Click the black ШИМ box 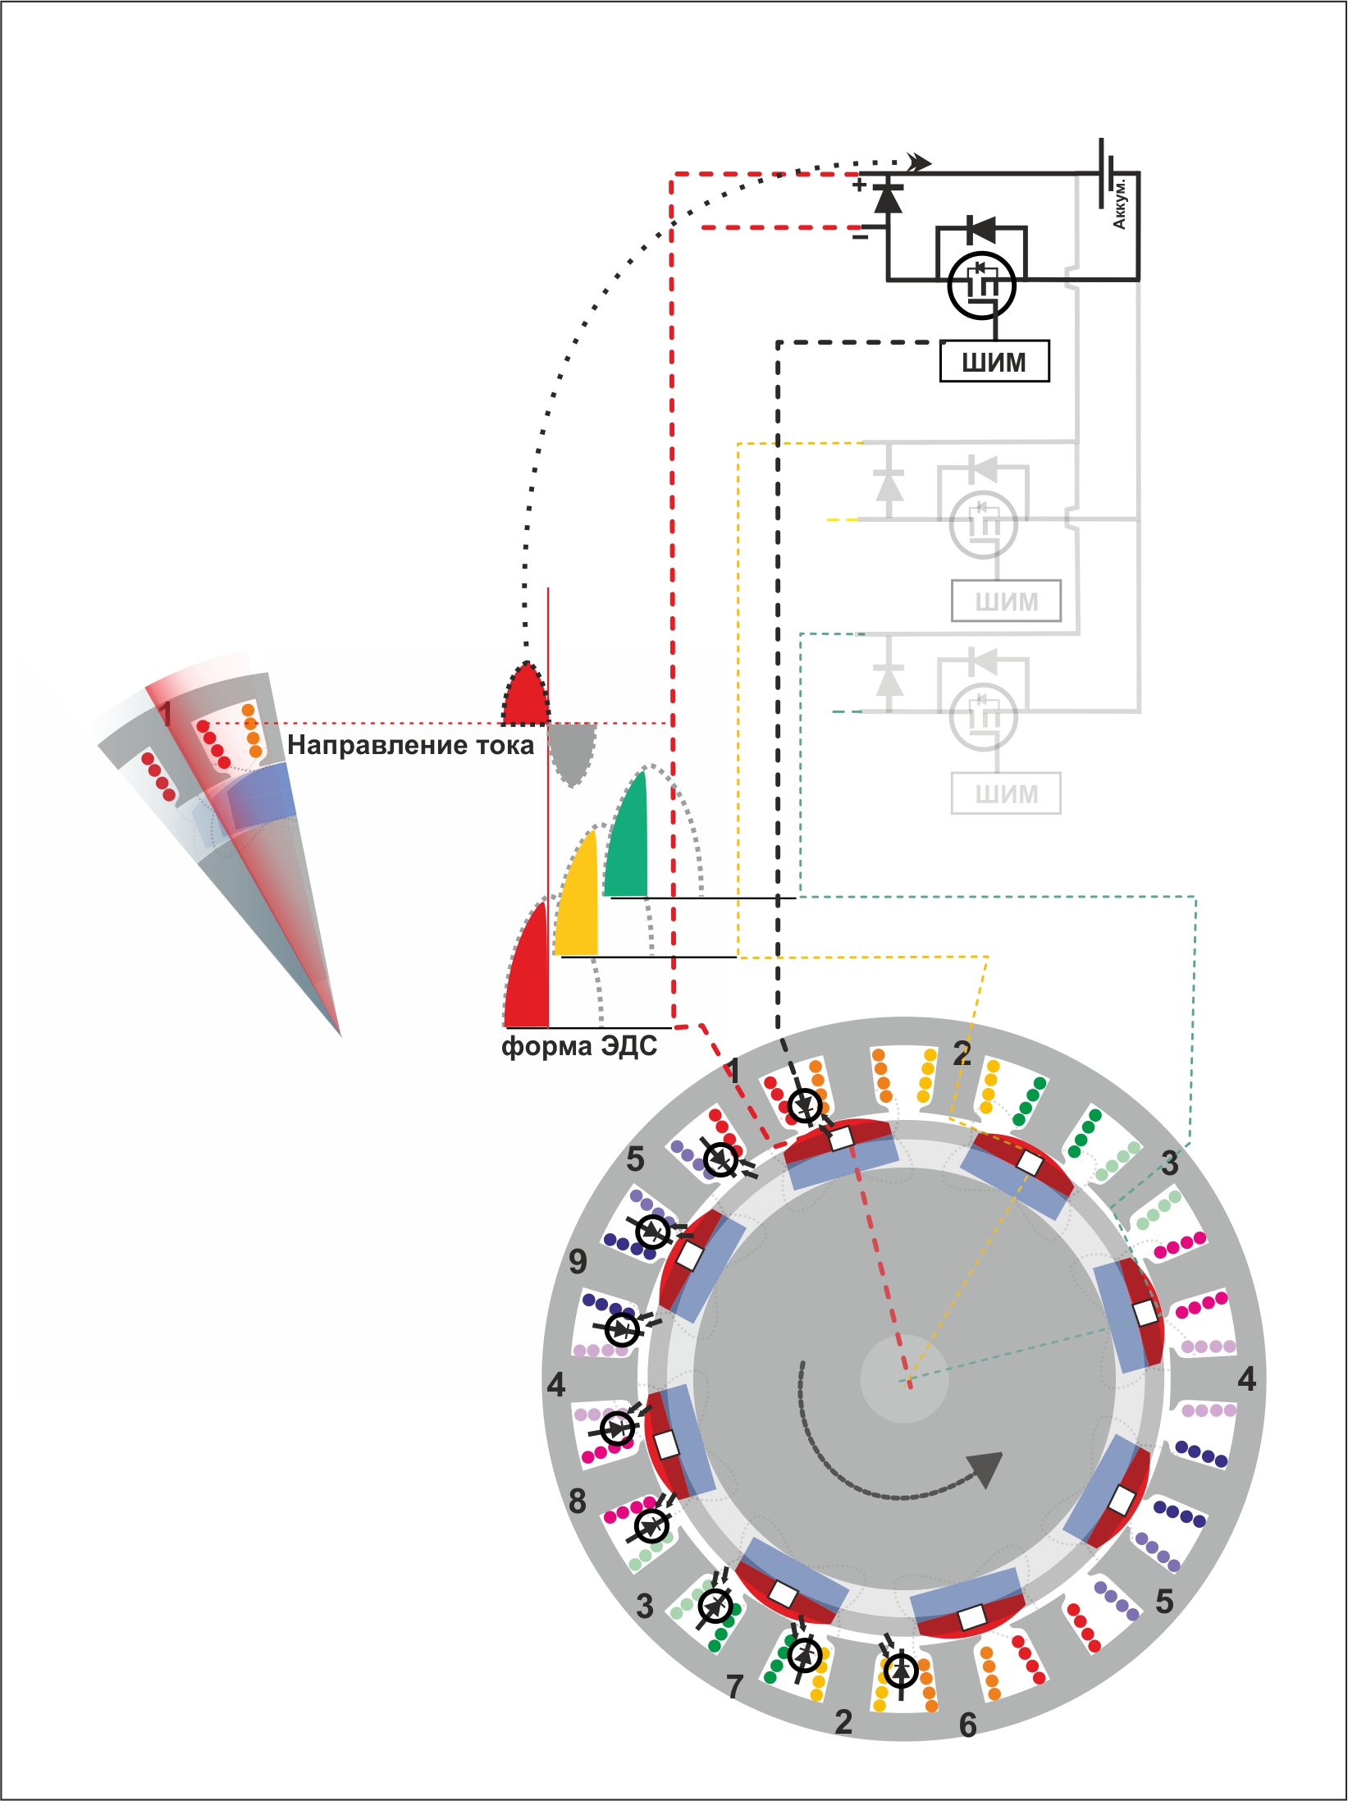pyautogui.click(x=994, y=362)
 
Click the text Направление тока pyautogui.click(x=410, y=745)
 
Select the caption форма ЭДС pyautogui.click(x=579, y=1046)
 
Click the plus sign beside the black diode pyautogui.click(x=859, y=185)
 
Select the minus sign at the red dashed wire pyautogui.click(x=860, y=237)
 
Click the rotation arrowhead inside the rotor pyautogui.click(x=986, y=1470)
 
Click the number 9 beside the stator pyautogui.click(x=578, y=1261)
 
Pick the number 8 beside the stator pyautogui.click(x=578, y=1502)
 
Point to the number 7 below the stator pyautogui.click(x=734, y=1687)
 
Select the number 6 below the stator pyautogui.click(x=968, y=1726)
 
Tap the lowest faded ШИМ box pyautogui.click(x=1006, y=793)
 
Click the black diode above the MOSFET pyautogui.click(x=982, y=230)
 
